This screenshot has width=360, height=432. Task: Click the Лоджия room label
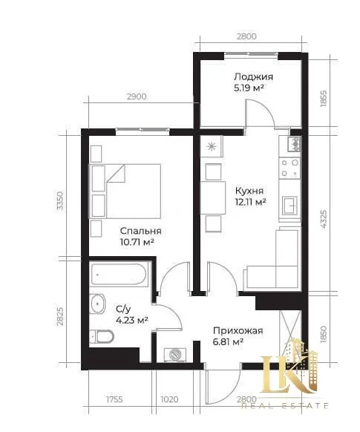[253, 76]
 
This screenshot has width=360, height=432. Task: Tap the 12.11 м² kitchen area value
[250, 202]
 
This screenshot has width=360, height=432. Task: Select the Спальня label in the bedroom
[140, 231]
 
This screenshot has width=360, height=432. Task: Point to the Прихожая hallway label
[238, 330]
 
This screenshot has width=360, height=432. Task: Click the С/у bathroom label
[123, 310]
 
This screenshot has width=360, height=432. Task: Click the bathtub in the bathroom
[119, 274]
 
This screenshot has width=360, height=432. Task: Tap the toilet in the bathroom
[102, 336]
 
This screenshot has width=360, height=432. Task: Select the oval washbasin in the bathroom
[98, 304]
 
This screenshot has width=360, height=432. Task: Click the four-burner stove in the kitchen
[289, 168]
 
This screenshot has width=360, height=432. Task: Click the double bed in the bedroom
[125, 192]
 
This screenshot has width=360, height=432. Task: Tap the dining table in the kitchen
[213, 197]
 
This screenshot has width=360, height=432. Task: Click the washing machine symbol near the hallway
[175, 354]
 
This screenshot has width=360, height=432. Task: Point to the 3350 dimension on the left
[59, 200]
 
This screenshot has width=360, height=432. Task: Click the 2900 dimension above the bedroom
[137, 96]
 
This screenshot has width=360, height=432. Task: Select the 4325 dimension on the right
[324, 219]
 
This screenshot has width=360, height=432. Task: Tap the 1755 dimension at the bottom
[114, 399]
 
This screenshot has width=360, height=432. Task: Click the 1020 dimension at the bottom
[169, 399]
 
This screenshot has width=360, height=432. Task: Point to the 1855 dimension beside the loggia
[324, 99]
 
